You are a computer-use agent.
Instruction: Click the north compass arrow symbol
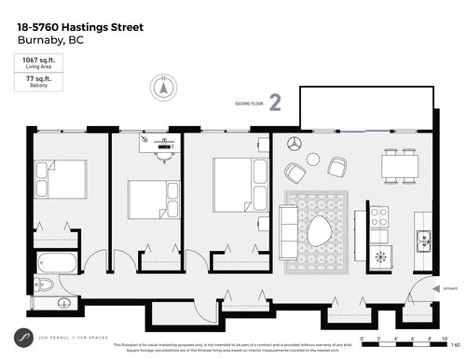pos(164,87)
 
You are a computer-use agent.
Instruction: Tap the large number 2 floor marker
pos(275,103)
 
